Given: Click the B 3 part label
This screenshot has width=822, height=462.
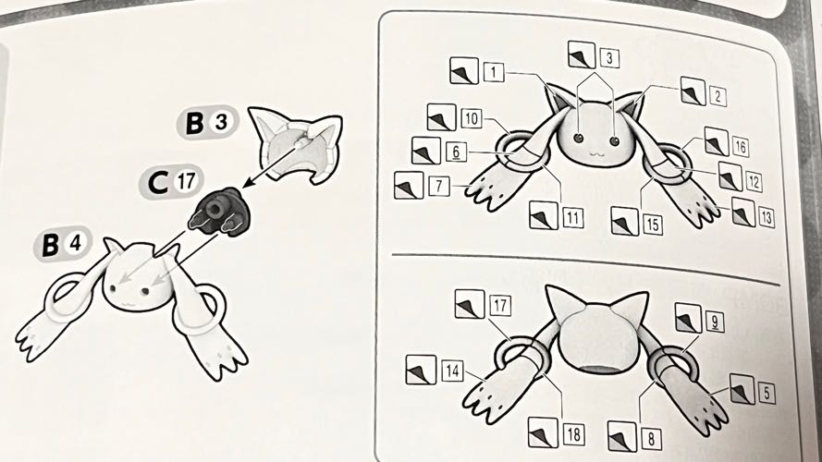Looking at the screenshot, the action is point(208,124).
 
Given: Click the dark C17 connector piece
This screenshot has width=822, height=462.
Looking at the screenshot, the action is point(216,213).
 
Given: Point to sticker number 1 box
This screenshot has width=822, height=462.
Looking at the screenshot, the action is point(494,72).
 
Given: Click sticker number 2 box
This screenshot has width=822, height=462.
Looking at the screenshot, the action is point(717,96).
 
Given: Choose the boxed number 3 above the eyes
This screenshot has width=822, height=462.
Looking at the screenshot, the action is point(608,58).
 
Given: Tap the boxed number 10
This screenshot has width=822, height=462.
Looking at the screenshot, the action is point(472,119).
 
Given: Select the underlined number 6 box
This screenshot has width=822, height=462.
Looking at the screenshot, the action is point(456,152).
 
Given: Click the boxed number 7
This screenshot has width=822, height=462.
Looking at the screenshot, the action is point(439,186).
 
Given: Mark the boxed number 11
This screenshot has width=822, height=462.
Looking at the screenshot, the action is point(573,218).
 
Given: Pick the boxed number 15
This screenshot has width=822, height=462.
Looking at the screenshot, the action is point(652,225).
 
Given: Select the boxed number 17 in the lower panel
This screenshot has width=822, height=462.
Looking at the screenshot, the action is point(499,305).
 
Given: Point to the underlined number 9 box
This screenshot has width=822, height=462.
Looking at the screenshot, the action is point(715,322).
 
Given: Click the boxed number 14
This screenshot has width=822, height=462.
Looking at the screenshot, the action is point(451,371).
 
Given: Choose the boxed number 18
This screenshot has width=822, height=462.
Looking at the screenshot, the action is point(573,434).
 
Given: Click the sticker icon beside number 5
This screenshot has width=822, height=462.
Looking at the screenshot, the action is point(742,389).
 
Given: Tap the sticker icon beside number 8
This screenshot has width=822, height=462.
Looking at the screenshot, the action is point(622,436).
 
